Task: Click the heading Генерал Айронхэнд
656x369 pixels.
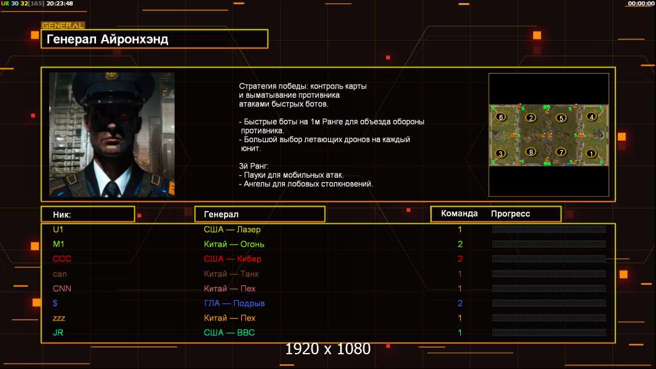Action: point(107,39)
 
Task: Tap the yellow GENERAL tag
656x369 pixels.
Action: point(63,25)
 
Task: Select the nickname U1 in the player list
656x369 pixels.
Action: point(58,229)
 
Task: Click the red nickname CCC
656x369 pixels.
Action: point(62,259)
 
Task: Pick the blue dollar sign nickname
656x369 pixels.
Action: point(55,303)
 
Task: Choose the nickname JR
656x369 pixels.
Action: point(58,333)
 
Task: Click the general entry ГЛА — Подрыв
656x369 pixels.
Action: point(234,303)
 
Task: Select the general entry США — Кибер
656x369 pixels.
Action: point(233,259)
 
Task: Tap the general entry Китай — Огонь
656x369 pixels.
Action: point(234,244)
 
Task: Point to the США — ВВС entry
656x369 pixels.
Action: point(230,333)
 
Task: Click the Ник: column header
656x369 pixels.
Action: point(62,215)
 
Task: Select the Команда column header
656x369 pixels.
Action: point(459,213)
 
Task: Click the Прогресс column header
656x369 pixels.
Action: point(510,214)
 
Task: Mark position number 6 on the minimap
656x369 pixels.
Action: point(501,117)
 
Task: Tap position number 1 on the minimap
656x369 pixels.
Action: point(591,153)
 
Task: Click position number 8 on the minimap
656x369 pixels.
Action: point(531,152)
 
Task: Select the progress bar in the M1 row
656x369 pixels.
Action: point(549,244)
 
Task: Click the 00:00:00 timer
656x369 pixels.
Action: point(641,3)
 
